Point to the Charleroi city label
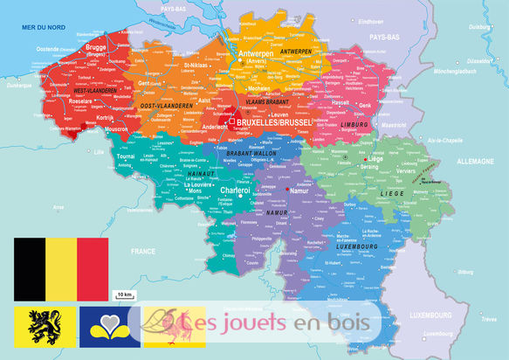tap(237, 190)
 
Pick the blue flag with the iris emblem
tap(109, 325)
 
